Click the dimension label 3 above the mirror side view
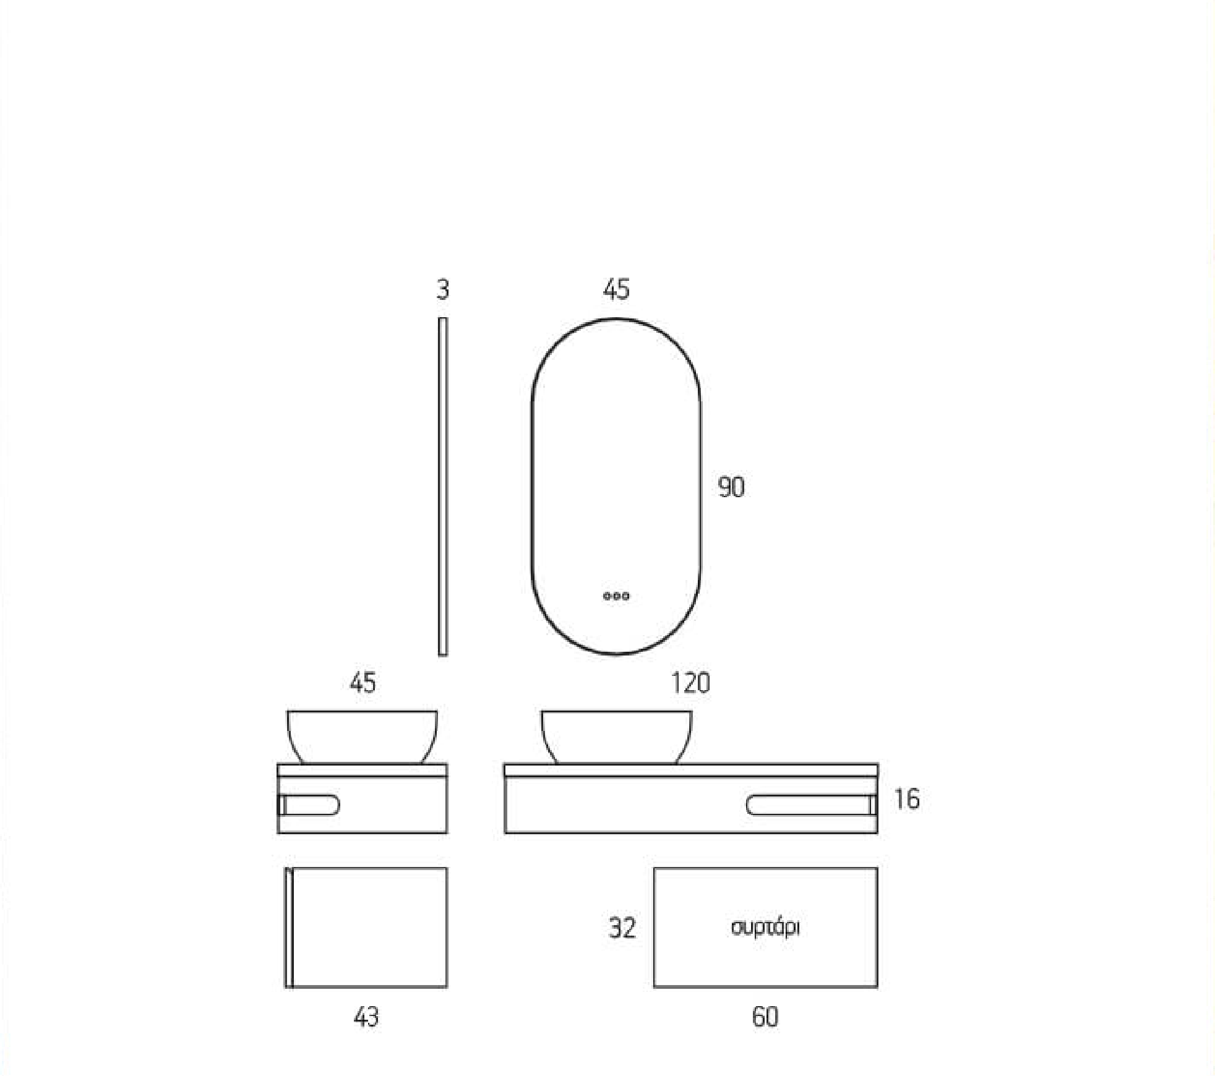[x=442, y=289]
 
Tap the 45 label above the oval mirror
[x=616, y=289]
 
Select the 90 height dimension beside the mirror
[x=731, y=487]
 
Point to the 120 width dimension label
[x=690, y=683]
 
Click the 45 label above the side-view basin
[x=363, y=683]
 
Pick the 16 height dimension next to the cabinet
[x=907, y=799]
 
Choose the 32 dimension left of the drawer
[x=622, y=928]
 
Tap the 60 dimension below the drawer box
[x=765, y=1017]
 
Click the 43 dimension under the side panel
[x=366, y=1017]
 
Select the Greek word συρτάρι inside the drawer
[x=765, y=928]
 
